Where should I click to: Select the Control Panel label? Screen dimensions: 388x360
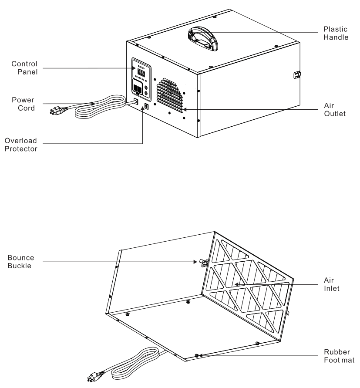point(24,68)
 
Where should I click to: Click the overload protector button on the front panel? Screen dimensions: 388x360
point(147,106)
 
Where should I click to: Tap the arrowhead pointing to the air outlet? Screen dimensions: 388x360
point(186,110)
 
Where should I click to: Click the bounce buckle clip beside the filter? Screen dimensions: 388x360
point(202,262)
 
